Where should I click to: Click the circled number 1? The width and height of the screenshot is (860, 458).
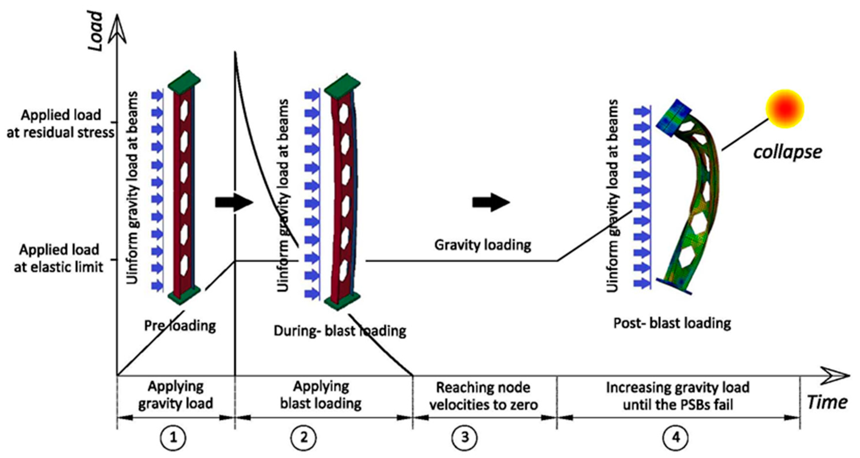point(173,437)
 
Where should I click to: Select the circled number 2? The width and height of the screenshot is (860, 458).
point(303,437)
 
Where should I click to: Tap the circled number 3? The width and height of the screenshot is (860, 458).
point(465,437)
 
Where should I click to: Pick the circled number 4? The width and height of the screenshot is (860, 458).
point(676,437)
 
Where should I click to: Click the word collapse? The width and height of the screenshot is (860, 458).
point(787,152)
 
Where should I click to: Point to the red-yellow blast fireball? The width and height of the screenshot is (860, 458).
point(785,109)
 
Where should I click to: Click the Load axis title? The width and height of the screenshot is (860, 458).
point(96,31)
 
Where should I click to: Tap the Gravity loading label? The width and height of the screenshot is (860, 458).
point(482,245)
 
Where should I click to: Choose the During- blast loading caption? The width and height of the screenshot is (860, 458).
point(340,331)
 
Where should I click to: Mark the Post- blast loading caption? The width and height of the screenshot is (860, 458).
point(672,323)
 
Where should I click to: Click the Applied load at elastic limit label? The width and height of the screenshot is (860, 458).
point(59,259)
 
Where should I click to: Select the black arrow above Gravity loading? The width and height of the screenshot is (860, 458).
point(491,202)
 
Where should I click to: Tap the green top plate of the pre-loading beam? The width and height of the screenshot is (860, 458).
point(184,81)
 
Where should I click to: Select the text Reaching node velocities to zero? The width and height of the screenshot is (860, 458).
point(483,396)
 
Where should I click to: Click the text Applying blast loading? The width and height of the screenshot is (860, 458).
point(321,395)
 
